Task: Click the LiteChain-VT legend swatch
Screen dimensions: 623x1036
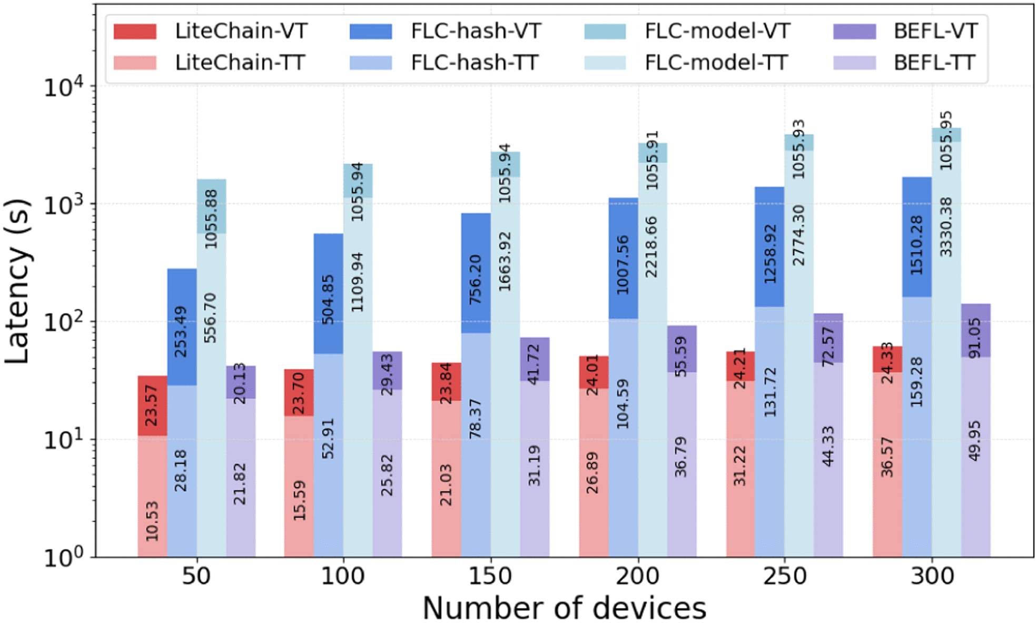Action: [135, 32]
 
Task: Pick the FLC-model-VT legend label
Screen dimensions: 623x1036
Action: [717, 32]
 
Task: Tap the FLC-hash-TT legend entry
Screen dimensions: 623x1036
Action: [474, 63]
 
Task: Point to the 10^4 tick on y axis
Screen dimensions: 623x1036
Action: [63, 87]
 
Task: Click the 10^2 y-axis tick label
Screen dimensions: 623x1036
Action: [63, 322]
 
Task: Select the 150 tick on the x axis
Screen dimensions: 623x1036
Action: [490, 576]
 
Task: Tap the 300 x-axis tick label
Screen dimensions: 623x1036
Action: [932, 576]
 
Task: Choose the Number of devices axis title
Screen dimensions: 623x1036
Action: [564, 608]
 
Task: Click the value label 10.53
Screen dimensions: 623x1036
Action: [152, 521]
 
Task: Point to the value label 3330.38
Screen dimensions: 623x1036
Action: [946, 227]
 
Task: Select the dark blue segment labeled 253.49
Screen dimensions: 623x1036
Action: [182, 327]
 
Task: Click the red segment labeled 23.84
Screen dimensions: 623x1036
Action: [446, 382]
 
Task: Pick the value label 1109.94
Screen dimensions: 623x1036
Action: [358, 282]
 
